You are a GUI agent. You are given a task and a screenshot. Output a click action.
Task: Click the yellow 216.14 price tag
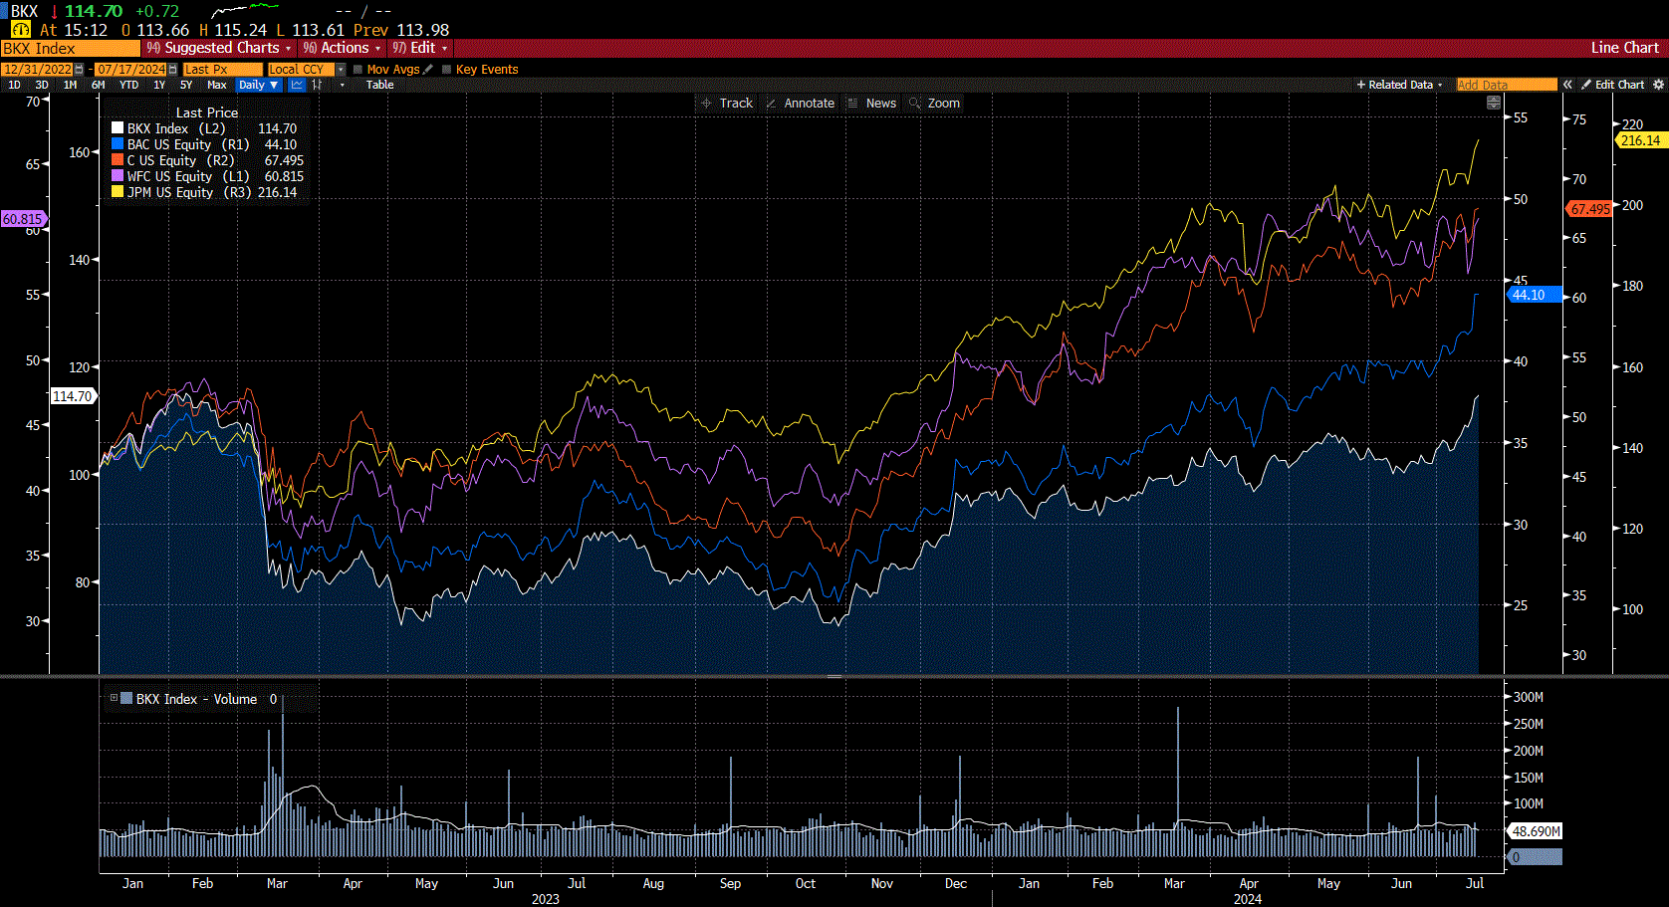(x=1639, y=140)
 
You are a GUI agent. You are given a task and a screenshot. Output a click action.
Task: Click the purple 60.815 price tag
(x=22, y=219)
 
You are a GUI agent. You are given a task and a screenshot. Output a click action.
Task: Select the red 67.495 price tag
(x=1588, y=209)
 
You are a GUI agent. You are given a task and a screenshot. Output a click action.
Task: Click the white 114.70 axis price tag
(x=72, y=396)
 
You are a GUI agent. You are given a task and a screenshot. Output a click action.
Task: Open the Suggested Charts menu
(x=220, y=48)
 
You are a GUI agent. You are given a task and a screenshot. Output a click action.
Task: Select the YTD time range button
(x=128, y=85)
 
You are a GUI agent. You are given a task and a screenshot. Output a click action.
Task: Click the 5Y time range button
(x=186, y=85)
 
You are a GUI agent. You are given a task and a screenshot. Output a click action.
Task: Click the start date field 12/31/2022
(x=37, y=70)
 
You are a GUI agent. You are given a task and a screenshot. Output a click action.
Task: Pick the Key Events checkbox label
(x=486, y=70)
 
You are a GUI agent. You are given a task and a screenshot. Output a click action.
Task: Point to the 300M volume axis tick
(x=1528, y=697)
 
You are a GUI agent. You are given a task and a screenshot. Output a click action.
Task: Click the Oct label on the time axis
(x=805, y=883)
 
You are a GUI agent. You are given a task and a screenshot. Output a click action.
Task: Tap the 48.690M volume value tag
(x=1535, y=831)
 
